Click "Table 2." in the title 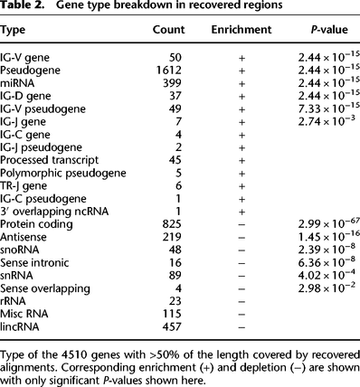click(x=25, y=7)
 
